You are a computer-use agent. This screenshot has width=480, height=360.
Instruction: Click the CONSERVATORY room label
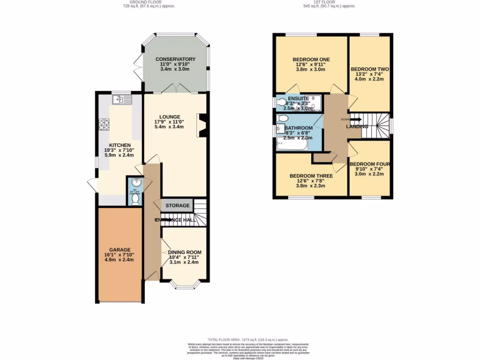coord(175,59)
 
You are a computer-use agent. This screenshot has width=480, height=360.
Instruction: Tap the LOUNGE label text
coord(169,117)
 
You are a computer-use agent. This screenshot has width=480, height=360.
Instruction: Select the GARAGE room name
coord(120,250)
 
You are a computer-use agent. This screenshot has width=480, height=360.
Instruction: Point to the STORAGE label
coord(177,206)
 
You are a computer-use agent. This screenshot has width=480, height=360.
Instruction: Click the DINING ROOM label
coord(184,252)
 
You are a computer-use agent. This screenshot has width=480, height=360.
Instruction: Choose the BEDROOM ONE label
coord(311,60)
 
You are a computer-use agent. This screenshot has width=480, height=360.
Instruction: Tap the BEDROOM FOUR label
coord(370,164)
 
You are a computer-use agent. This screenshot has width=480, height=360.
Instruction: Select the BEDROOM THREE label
coord(311,176)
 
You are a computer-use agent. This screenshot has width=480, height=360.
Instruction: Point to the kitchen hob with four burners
coord(104,125)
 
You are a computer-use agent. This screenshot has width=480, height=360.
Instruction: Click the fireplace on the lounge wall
coord(202,126)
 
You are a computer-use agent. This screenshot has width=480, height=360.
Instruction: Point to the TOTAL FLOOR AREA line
coord(248,339)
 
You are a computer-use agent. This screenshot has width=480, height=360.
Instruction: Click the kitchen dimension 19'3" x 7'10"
coord(119,150)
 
